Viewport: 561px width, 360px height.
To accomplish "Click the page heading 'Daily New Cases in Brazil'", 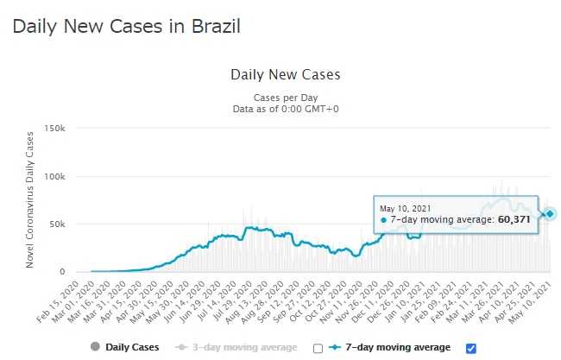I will [x=126, y=26].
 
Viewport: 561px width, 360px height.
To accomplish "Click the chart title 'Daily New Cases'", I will [x=286, y=74].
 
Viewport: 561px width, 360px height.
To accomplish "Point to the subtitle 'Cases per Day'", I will [x=286, y=97].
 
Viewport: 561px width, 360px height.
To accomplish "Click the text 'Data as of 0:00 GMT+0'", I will [x=286, y=109].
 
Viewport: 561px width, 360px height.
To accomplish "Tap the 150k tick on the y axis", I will [x=54, y=128].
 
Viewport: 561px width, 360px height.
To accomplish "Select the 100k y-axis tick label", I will [x=54, y=176].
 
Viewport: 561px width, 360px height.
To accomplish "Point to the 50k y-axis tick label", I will [x=56, y=224].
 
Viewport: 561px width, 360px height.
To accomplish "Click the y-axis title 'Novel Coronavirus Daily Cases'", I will [x=31, y=199].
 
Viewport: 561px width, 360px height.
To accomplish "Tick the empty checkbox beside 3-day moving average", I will [x=318, y=348].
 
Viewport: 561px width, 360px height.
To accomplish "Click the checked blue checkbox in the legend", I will [x=470, y=348].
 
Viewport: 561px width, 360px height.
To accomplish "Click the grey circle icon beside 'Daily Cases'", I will [x=95, y=347].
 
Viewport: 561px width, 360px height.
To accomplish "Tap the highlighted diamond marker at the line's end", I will [x=550, y=213].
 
